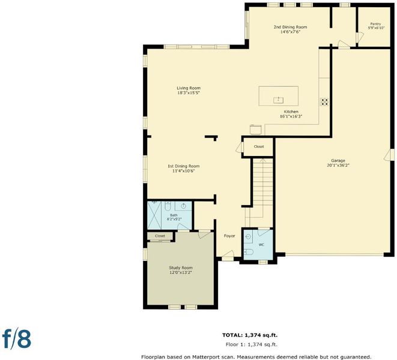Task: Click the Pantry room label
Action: (x=375, y=24)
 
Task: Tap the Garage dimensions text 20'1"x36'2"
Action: (x=338, y=166)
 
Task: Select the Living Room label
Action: (x=189, y=88)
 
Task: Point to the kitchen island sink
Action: (x=278, y=100)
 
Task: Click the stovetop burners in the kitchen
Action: (x=324, y=102)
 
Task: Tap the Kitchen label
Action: (x=291, y=112)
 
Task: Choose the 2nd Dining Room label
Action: (x=290, y=27)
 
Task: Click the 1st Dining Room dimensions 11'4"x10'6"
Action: (x=184, y=171)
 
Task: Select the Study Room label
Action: (x=181, y=268)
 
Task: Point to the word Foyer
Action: (x=229, y=236)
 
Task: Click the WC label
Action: (x=261, y=245)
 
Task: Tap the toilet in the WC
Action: (x=249, y=252)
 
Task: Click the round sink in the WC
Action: (x=248, y=237)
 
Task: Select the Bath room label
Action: (x=174, y=215)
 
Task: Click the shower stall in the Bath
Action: (x=154, y=215)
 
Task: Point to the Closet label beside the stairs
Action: (x=259, y=146)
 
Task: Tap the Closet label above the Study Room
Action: (x=160, y=236)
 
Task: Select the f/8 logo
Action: (x=17, y=339)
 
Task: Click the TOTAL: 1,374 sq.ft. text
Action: (x=250, y=335)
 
